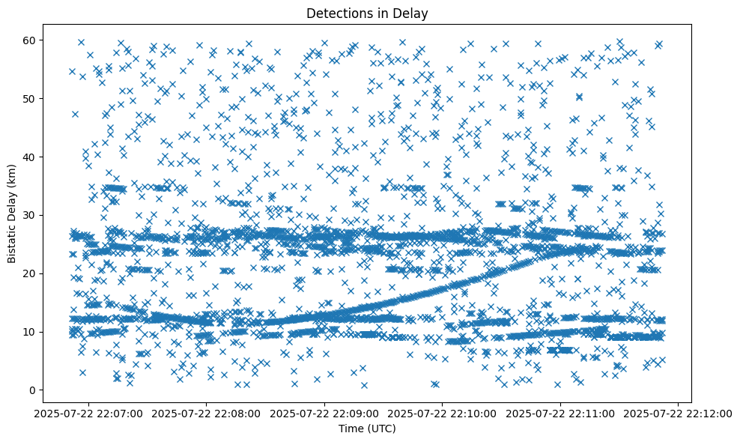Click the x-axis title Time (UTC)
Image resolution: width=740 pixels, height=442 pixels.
pyautogui.click(x=366, y=429)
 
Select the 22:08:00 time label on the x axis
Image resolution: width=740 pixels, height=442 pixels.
pyautogui.click(x=207, y=413)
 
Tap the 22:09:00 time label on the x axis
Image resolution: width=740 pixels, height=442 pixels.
pyautogui.click(x=325, y=413)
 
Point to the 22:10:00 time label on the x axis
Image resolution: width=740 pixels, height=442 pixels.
pyautogui.click(x=443, y=413)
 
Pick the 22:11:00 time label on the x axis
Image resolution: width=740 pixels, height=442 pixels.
pyautogui.click(x=560, y=413)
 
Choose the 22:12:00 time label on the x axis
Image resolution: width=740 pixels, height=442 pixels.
pyautogui.click(x=679, y=413)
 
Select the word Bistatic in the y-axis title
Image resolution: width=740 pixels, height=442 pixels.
pyautogui.click(x=12, y=242)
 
